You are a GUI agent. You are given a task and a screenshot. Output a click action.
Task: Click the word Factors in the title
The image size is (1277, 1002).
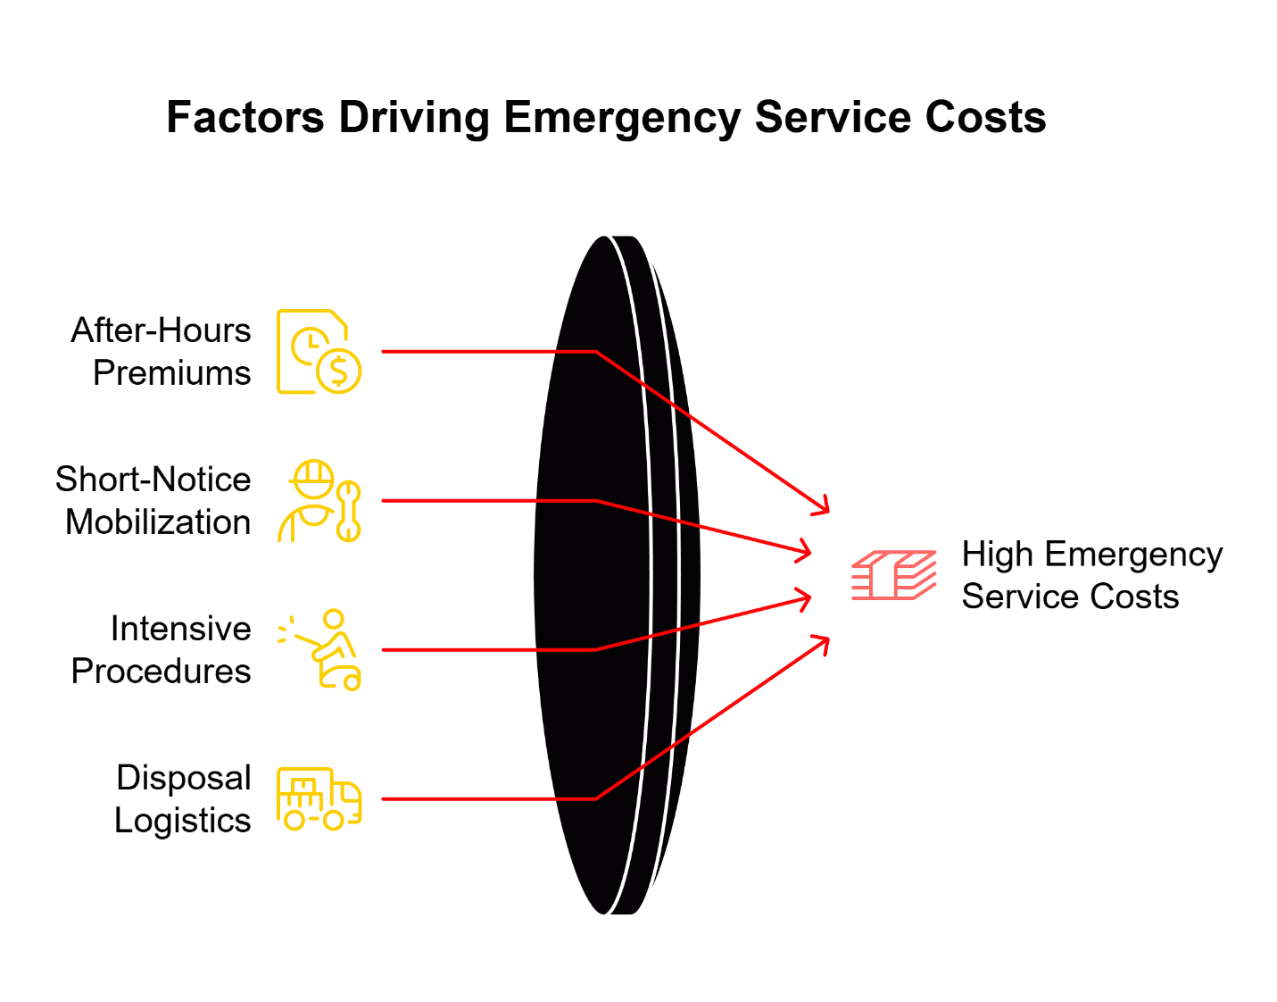tap(245, 118)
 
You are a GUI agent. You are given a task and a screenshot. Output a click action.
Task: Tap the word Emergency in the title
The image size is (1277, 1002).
tap(622, 118)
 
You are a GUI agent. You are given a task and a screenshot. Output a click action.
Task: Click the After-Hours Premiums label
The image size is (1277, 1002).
tap(162, 352)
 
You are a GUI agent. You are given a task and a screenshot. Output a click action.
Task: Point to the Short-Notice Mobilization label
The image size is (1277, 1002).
tap(153, 501)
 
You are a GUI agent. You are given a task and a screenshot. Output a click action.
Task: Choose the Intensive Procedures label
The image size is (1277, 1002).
tap(162, 650)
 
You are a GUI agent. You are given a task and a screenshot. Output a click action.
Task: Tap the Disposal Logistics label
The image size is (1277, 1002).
tap(183, 799)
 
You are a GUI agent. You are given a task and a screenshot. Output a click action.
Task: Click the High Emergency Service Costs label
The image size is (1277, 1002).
tap(1091, 575)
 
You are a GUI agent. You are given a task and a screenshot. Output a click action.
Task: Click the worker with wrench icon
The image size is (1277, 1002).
tap(319, 501)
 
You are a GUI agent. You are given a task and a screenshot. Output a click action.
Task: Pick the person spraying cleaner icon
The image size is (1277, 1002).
tap(320, 650)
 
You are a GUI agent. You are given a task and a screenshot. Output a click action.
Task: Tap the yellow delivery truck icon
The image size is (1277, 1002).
tap(319, 798)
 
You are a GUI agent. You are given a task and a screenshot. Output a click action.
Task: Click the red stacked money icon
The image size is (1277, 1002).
tap(893, 575)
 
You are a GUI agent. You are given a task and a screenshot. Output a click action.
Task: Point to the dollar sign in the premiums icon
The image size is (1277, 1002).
tap(339, 371)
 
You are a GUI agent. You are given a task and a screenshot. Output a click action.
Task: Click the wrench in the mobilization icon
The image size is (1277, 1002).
tap(349, 512)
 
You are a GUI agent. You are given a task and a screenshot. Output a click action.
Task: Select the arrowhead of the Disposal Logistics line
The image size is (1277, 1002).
tap(824, 640)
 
